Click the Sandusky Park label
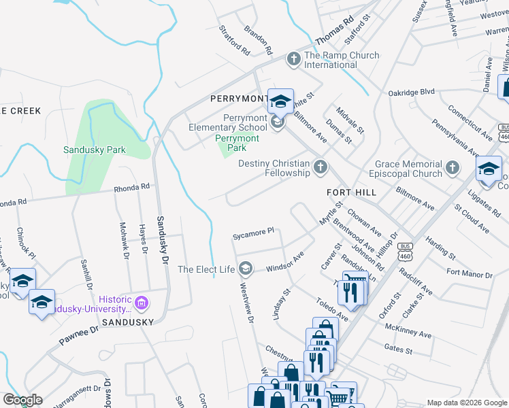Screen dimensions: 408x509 pos(95,150)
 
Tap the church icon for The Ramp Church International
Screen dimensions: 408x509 pos(294,59)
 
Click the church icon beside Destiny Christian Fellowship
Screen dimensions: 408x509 pos(320,167)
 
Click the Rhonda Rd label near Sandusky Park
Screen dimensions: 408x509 pos(131,188)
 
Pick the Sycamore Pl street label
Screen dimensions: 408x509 pos(253,232)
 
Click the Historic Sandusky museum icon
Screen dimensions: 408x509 pos(142,302)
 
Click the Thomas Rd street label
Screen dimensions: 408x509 pos(339,32)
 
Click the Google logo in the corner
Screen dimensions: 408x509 pos(22,400)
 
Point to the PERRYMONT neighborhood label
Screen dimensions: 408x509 pos(239,99)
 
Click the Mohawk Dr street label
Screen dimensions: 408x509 pos(124,241)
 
